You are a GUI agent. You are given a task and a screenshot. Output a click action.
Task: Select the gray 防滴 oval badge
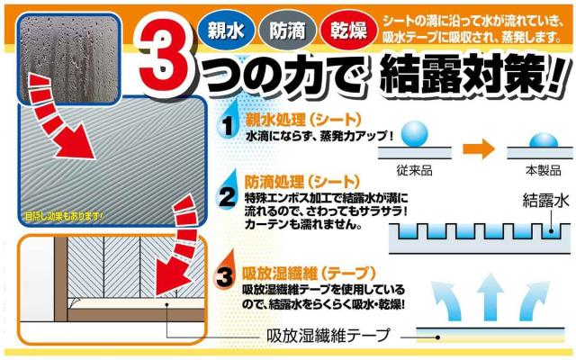tap(287, 30)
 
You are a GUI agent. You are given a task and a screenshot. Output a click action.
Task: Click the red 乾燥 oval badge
tap(349, 30)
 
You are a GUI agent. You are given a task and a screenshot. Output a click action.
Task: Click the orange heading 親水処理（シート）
tap(303, 120)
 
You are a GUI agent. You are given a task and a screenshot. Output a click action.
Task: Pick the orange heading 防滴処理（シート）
tap(302, 182)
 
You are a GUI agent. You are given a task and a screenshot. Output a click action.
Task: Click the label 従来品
tap(414, 170)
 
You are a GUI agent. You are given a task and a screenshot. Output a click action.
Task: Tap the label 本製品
tap(544, 170)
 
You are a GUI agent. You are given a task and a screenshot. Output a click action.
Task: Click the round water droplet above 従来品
tap(414, 134)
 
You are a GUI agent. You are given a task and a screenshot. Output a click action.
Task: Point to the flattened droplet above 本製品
tap(544, 140)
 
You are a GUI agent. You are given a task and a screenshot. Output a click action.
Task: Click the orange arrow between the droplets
tap(479, 148)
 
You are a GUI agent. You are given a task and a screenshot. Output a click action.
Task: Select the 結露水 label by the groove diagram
tap(545, 201)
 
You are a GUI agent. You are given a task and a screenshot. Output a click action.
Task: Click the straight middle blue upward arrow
tap(490, 297)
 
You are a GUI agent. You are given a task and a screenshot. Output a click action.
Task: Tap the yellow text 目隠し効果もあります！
tap(64, 216)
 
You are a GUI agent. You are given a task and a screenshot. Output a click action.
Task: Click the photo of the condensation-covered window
tap(69, 58)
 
